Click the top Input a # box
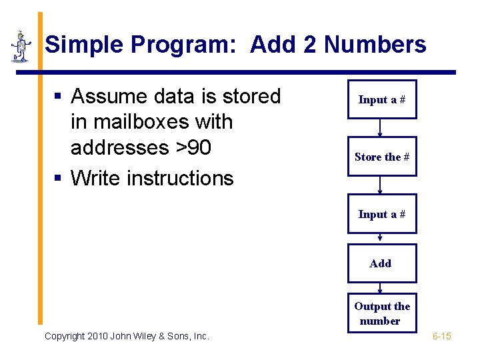(x=382, y=99)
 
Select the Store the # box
(x=382, y=157)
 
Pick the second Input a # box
(x=382, y=214)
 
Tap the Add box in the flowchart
(x=381, y=263)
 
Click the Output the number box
(x=382, y=313)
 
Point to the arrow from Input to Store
(x=380, y=127)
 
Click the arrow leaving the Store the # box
(x=380, y=185)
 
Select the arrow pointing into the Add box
(x=380, y=238)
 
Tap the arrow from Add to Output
(x=380, y=288)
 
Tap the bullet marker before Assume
(x=58, y=97)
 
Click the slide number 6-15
(x=442, y=336)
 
